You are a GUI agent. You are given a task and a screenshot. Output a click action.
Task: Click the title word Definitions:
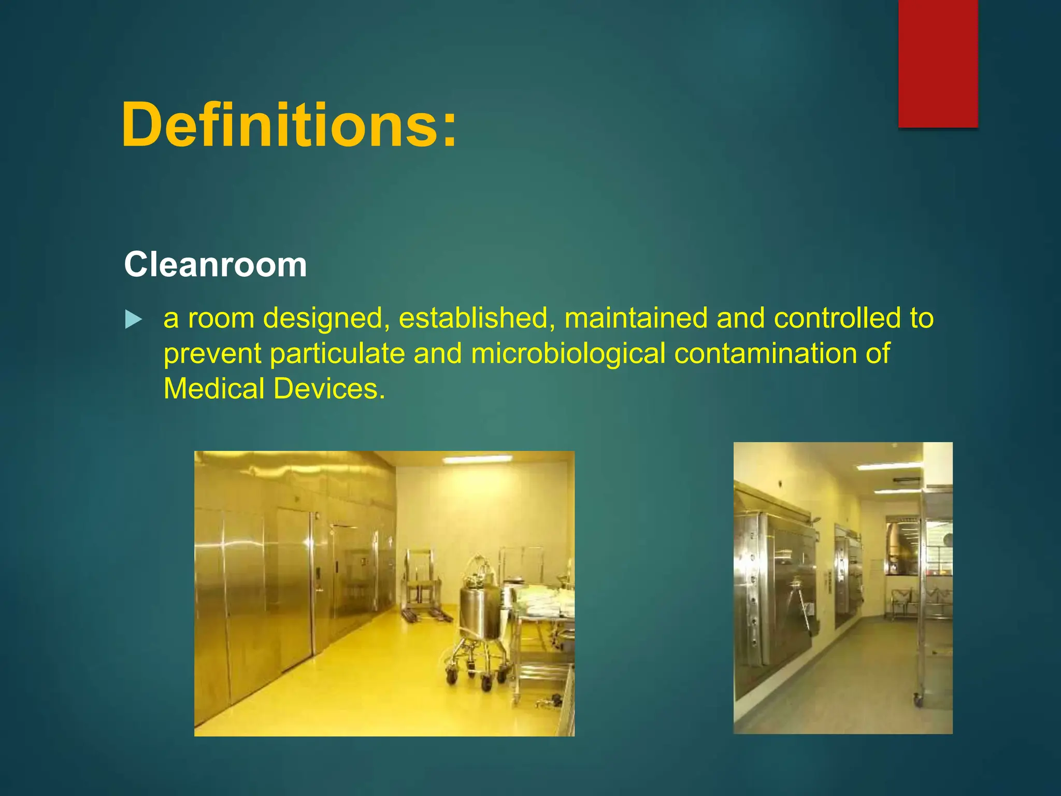[x=289, y=125]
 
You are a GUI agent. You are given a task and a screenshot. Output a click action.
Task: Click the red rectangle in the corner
[x=938, y=63]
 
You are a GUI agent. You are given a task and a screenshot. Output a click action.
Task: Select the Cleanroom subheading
[x=216, y=265]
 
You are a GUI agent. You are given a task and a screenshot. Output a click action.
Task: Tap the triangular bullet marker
[x=133, y=319]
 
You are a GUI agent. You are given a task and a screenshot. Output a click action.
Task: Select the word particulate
[x=337, y=354]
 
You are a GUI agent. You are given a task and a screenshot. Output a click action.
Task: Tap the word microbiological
[x=568, y=354]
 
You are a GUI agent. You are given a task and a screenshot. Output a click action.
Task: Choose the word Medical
[x=214, y=389]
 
